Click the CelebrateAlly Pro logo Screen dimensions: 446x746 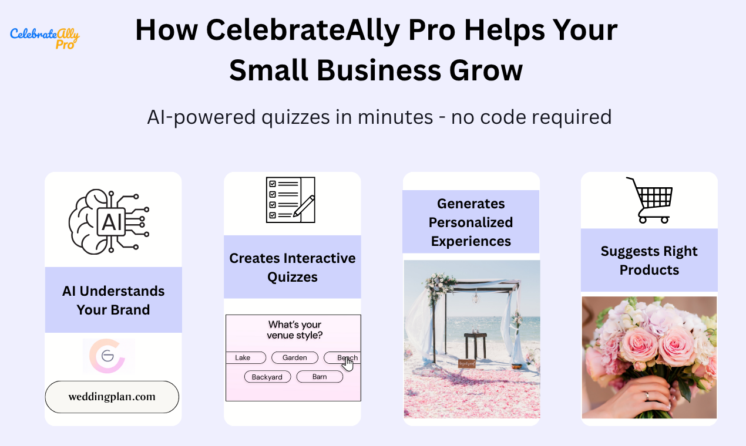coord(45,38)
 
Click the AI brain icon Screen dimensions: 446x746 coord(109,221)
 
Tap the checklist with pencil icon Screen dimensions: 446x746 coord(291,200)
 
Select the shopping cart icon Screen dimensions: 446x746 coord(649,200)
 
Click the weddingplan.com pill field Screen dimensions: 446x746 coord(112,397)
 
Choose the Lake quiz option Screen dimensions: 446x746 coord(243,357)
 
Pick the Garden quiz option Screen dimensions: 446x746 coord(294,357)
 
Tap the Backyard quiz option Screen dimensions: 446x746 coord(267,377)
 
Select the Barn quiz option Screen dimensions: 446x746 coord(320,377)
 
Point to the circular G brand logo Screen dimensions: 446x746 coord(108,355)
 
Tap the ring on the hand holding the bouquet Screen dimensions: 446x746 coord(647,395)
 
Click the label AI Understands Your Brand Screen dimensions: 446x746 coord(113,300)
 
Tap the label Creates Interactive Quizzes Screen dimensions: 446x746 coord(293,268)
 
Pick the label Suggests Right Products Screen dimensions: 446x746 coord(649,261)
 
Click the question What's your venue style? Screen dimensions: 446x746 coord(295,330)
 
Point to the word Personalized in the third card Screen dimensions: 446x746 coord(471,222)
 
